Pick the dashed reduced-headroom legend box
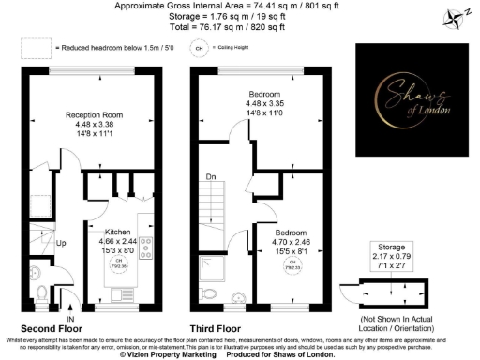[35, 46]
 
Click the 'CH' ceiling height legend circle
[199, 46]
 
